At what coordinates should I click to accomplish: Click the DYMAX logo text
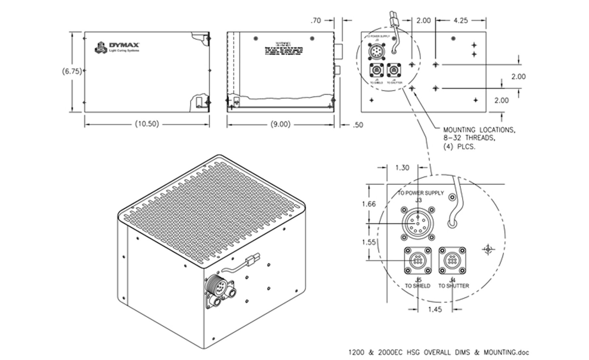pos(125,45)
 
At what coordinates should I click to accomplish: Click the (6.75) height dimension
pos(72,71)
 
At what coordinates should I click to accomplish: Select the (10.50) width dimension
pos(147,124)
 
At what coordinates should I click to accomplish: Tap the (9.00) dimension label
pos(280,124)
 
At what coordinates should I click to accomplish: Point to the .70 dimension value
pos(315,21)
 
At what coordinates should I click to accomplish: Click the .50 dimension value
pos(358,125)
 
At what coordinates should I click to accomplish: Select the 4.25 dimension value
pos(460,20)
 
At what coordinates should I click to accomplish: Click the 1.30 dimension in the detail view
pos(402,168)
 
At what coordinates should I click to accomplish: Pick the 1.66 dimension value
pos(369,204)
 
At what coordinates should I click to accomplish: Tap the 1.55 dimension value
pos(369,242)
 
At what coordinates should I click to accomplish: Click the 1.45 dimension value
pos(435,309)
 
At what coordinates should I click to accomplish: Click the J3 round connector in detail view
pos(418,224)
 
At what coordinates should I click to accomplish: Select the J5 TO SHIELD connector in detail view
pos(418,261)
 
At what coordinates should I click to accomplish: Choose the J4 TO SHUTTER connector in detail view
pos(452,261)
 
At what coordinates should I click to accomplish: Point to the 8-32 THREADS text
pos(469,138)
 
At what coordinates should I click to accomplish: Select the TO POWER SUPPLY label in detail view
pos(421,193)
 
